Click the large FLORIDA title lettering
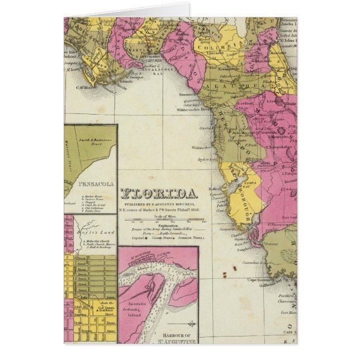click(159, 195)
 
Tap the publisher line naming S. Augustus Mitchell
click(159, 205)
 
